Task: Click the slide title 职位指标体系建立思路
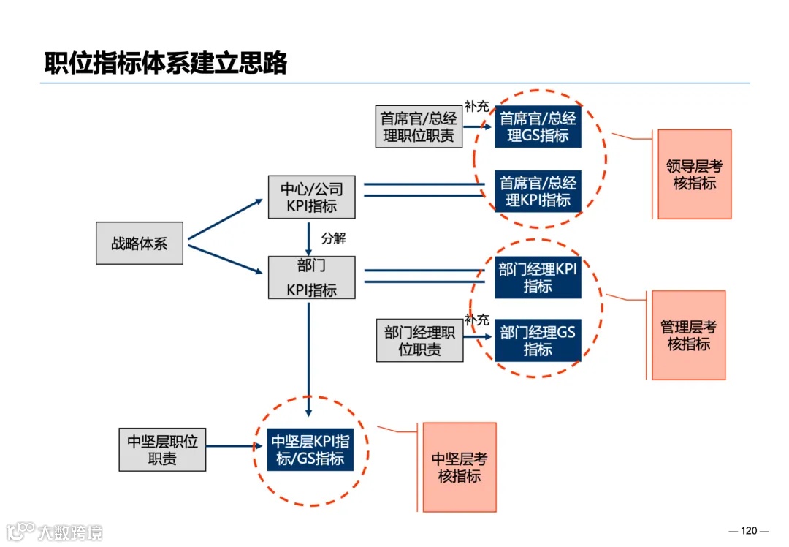(165, 63)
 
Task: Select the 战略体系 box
(140, 244)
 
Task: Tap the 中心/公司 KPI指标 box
(312, 197)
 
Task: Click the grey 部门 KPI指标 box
(312, 277)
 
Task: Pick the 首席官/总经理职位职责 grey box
(419, 127)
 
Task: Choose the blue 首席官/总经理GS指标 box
(538, 127)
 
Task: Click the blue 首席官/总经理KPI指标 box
(538, 191)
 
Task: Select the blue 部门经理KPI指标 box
(538, 277)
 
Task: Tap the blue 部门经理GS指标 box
(538, 341)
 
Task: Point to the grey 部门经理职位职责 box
(420, 341)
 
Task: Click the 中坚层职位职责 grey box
(162, 450)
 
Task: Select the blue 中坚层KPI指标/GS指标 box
(310, 450)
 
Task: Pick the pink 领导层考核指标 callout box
(694, 175)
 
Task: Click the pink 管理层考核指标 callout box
(688, 335)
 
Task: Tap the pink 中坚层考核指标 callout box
(460, 467)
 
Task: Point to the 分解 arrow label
(333, 238)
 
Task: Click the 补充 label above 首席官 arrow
(476, 107)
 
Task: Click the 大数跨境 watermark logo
(56, 531)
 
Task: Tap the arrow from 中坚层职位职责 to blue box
(234, 445)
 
